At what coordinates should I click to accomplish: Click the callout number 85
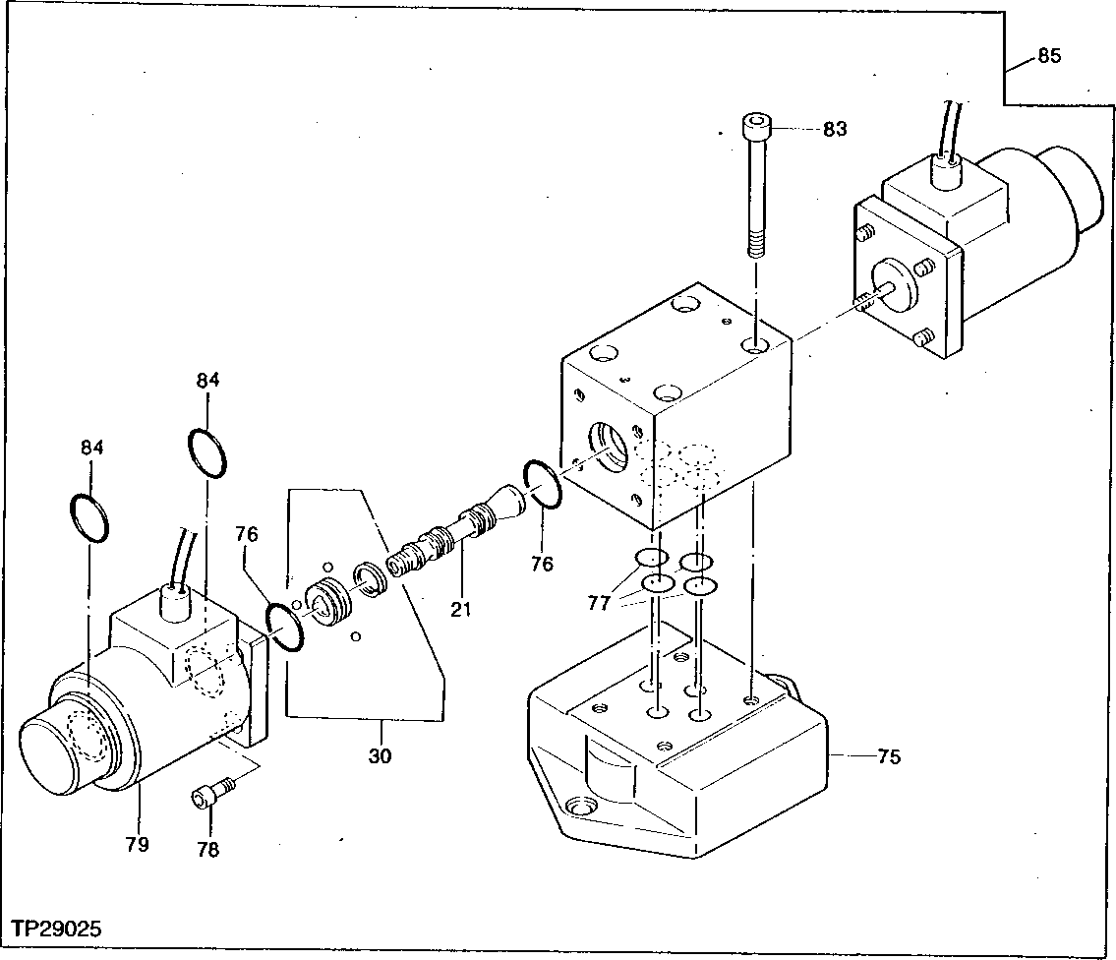pyautogui.click(x=1049, y=56)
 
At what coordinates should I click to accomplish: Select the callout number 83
pyautogui.click(x=834, y=129)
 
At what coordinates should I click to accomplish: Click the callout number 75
pyautogui.click(x=888, y=756)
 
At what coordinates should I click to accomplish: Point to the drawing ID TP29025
pyautogui.click(x=57, y=928)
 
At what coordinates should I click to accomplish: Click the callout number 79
pyautogui.click(x=137, y=844)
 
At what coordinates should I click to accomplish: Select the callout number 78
pyautogui.click(x=207, y=850)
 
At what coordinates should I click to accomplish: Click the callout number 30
pyautogui.click(x=380, y=755)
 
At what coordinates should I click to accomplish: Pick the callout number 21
pyautogui.click(x=460, y=610)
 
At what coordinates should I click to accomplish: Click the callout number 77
pyautogui.click(x=600, y=602)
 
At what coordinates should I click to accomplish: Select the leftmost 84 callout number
pyautogui.click(x=91, y=448)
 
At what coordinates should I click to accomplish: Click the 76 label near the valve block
pyautogui.click(x=541, y=564)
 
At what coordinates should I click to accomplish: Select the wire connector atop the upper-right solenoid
pyautogui.click(x=946, y=175)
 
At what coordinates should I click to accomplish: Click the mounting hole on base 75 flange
pyautogui.click(x=577, y=807)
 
